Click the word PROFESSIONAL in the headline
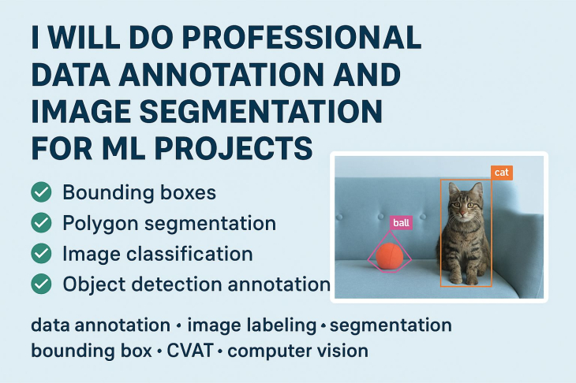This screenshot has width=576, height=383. (301, 38)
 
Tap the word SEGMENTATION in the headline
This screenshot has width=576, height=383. (261, 111)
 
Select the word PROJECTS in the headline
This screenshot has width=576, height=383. (234, 148)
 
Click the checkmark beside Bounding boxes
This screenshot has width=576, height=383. (41, 191)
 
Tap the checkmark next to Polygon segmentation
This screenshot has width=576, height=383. (41, 222)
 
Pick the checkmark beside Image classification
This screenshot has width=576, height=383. (41, 253)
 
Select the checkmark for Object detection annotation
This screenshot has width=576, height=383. (41, 284)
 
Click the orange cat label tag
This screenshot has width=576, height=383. (502, 173)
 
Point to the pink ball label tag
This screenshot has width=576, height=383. (401, 223)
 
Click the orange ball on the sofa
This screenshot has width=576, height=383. (389, 256)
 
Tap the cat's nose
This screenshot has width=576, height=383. (463, 213)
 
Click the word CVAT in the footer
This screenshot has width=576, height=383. (190, 351)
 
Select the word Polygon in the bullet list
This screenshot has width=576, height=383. (100, 224)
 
